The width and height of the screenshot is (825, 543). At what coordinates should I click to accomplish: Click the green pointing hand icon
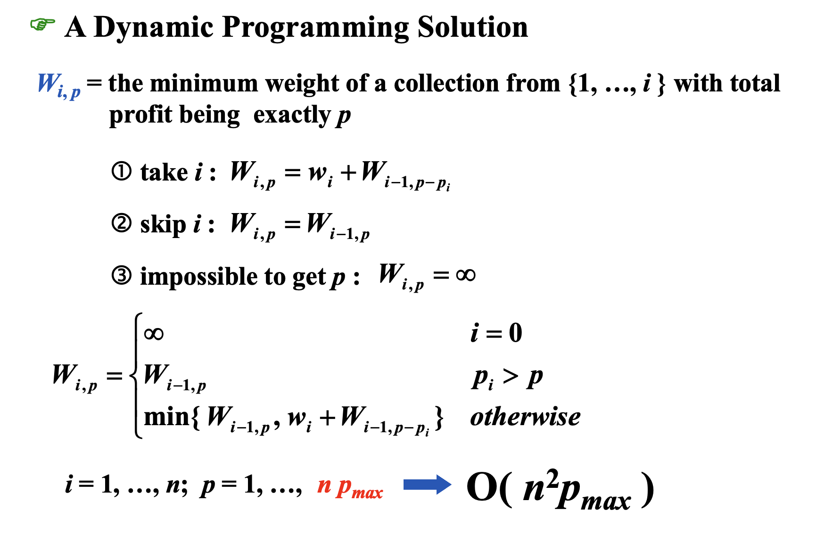(42, 24)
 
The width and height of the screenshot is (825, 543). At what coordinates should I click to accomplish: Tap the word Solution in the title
(473, 27)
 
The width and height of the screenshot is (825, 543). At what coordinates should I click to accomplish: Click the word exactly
(292, 115)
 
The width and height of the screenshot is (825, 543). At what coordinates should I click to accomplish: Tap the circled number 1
(122, 172)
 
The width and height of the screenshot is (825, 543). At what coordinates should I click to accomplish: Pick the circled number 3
(122, 275)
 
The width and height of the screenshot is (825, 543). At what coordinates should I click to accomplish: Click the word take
(164, 172)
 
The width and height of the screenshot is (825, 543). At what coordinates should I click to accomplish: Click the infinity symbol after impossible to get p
(466, 275)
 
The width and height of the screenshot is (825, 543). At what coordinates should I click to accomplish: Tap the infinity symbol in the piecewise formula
(154, 334)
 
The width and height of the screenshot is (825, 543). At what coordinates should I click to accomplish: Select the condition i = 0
(496, 333)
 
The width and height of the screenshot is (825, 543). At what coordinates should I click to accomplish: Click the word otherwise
(525, 417)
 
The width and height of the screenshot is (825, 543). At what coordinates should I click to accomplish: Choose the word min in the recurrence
(167, 417)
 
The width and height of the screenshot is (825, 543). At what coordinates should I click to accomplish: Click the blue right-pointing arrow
(427, 485)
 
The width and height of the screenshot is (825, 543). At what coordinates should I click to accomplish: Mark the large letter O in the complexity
(481, 487)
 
